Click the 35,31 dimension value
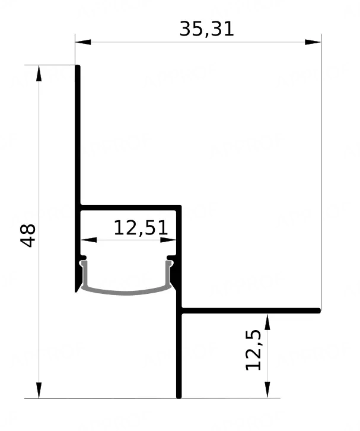(x=206, y=29)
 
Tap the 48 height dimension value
(x=28, y=236)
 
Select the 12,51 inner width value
(x=141, y=228)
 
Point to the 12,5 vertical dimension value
(x=253, y=350)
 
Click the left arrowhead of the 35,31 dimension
(x=83, y=42)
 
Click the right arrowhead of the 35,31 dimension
(x=313, y=42)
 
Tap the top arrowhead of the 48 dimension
(x=39, y=74)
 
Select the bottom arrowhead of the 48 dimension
(x=39, y=390)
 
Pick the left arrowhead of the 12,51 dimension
(x=89, y=240)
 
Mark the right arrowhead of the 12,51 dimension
(x=168, y=240)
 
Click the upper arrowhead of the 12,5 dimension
(x=267, y=322)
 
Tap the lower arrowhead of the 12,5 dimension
(x=267, y=390)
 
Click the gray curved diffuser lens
(x=126, y=292)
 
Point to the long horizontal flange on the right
(x=250, y=310)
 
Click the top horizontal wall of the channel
(x=130, y=208)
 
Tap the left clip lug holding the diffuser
(x=83, y=258)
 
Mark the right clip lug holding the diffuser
(x=171, y=258)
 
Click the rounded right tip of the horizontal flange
(x=319, y=310)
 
